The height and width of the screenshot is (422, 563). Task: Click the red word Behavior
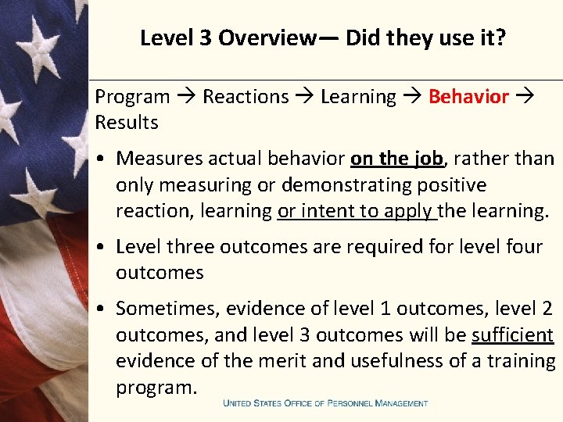coord(468,97)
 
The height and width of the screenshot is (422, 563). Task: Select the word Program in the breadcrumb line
coord(132,97)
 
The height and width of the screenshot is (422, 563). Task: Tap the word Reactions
coord(246,97)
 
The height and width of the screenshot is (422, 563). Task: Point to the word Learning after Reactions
coord(358,97)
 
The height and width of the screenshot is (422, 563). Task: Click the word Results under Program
coord(127,123)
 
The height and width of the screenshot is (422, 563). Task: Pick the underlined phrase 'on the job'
coord(396,159)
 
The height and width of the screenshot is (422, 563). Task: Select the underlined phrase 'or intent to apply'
coord(356,210)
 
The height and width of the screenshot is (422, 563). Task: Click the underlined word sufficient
coord(512,334)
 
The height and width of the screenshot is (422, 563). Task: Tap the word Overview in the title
coord(266,38)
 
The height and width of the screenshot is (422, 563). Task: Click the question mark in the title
coord(501,38)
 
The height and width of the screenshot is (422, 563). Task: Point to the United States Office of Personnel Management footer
coord(325,403)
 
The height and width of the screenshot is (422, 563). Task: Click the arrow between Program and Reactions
coord(185,97)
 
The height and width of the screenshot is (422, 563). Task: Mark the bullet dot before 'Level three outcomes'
coord(102,247)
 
